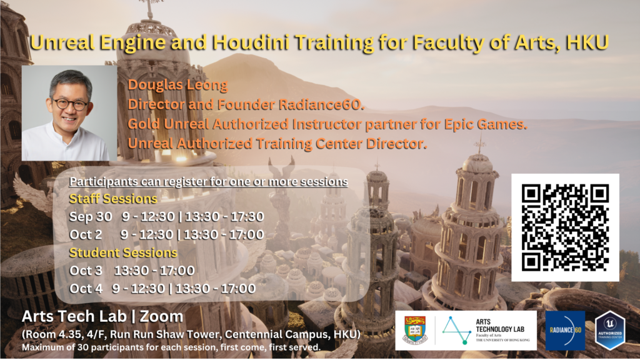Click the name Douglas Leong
[x=177, y=86]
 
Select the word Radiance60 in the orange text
[x=321, y=105]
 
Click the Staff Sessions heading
[x=113, y=199]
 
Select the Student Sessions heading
[x=123, y=252]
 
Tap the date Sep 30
[x=91, y=217]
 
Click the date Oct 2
[x=86, y=235]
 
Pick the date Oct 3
[x=86, y=271]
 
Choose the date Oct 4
[x=86, y=289]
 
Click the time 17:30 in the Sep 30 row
[x=247, y=217]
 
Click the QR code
[x=565, y=227]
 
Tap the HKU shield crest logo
[x=415, y=330]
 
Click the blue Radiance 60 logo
[x=565, y=330]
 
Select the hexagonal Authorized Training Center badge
[x=610, y=330]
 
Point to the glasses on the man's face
[x=70, y=104]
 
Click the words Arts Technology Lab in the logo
[x=499, y=325]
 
